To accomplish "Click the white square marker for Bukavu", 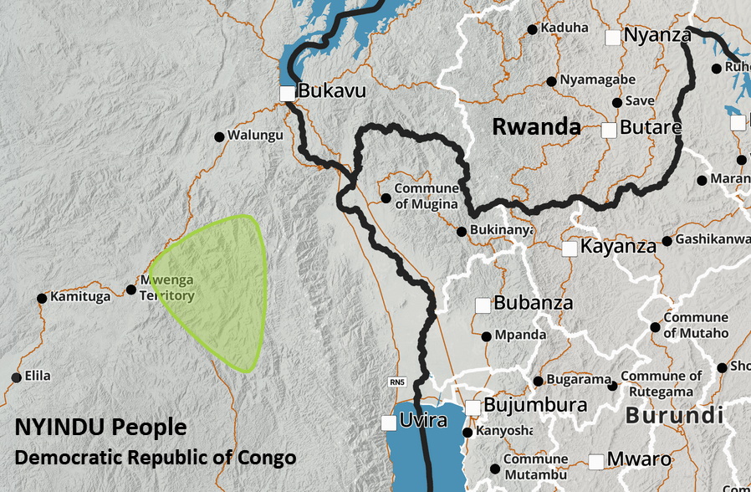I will coord(288,93).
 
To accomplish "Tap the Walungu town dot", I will coord(220,136).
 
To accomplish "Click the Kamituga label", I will coord(80,297).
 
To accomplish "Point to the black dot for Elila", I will coord(16,377).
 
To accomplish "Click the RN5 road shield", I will coord(398,382).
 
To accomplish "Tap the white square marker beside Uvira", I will coord(389,423).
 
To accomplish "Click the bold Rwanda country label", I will coord(536,127).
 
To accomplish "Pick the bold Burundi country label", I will coord(673,415).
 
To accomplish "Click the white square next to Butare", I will coord(609,130).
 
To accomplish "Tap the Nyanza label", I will coord(658,35).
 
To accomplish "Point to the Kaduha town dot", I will coord(532,29).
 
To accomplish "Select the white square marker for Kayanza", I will coord(570,249).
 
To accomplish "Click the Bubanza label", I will coord(534,303).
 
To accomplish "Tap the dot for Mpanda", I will coord(487,336).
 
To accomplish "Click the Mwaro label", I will coord(639,459).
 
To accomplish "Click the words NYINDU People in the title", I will coord(100,428).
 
